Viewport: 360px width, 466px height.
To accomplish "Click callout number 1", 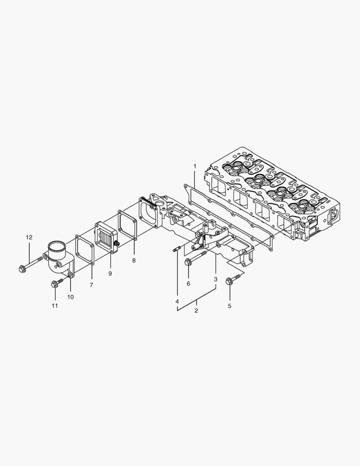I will pos(194,166).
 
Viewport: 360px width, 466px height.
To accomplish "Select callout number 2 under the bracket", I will pos(196,311).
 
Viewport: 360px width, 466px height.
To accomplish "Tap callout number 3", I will pos(216,279).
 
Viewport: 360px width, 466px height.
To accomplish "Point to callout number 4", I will pos(177,301).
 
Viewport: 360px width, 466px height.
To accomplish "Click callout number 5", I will pos(229,306).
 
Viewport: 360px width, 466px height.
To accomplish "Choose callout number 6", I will pos(188,283).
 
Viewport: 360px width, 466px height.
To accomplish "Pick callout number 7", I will pos(91,285).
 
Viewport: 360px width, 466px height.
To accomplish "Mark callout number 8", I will pos(134,260).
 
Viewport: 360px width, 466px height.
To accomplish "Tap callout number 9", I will pos(110,273).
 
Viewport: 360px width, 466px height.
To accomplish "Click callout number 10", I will pos(70,297).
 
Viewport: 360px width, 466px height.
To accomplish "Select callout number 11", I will pos(55,305).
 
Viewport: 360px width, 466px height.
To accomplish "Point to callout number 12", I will pos(29,237).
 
